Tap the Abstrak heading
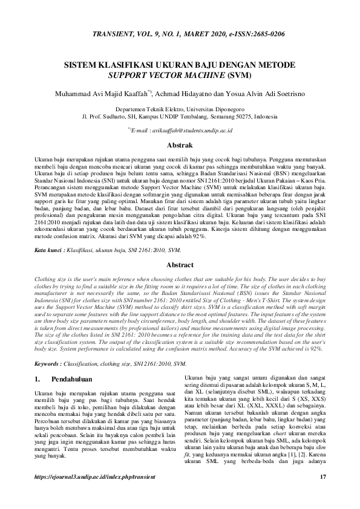(180, 145)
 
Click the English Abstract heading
(180, 265)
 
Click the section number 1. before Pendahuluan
(37, 381)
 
